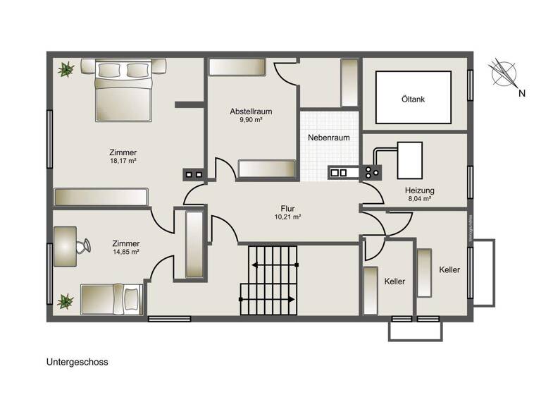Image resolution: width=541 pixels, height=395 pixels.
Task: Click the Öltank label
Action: point(413,99)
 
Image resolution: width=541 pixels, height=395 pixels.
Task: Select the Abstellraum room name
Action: point(251,111)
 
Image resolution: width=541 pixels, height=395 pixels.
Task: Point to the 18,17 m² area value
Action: point(123,161)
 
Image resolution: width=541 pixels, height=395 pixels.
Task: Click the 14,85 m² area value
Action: point(125,252)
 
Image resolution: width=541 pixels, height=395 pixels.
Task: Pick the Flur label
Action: point(287,208)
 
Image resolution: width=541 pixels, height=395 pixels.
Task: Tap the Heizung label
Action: point(419,190)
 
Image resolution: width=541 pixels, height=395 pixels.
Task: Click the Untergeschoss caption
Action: point(77,363)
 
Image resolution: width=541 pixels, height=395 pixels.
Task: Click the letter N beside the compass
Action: point(522,93)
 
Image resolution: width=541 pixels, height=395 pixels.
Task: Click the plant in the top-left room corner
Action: point(67,69)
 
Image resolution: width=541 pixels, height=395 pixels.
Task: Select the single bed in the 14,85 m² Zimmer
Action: point(112,299)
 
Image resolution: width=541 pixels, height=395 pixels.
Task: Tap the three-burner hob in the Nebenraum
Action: point(372,171)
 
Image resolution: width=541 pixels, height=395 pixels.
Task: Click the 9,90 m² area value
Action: point(251,121)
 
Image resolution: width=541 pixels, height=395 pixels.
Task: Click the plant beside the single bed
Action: point(66,301)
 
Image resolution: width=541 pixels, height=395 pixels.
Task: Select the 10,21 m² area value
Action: point(287,217)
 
